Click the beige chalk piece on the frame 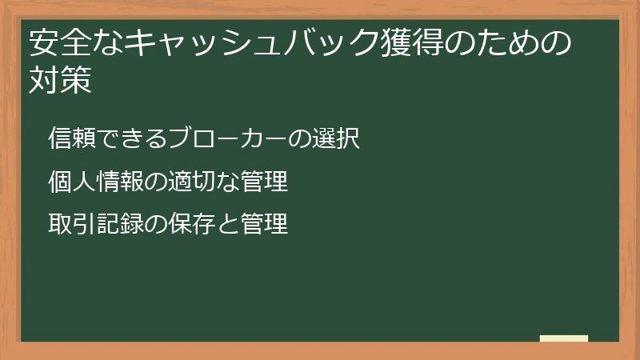click(564, 338)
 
